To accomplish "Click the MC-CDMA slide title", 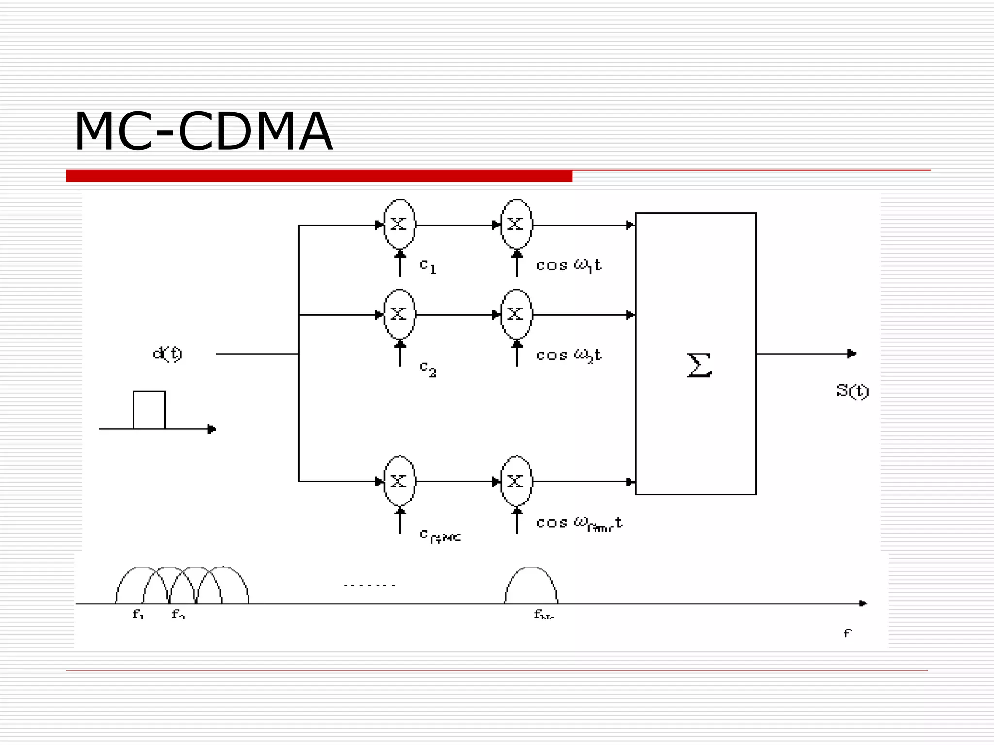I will coord(203,132).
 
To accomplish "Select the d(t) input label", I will coord(167,354).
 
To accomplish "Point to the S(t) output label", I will coord(852,390).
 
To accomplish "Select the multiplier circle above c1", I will coord(399,224).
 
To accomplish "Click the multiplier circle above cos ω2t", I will coord(516,314).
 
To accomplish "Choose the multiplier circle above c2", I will coord(399,314).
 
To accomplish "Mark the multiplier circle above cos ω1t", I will coord(516,224).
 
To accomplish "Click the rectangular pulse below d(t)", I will coord(149,410).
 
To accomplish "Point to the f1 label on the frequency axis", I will coord(138,615).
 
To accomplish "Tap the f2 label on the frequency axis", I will coord(178,615).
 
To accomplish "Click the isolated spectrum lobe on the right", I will coord(531,584).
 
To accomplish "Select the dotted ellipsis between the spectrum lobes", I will coord(369,585).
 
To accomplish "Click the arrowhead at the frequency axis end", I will coord(863,604).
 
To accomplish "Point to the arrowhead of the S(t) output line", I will coord(852,354).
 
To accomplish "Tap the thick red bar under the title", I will coord(319,176).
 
